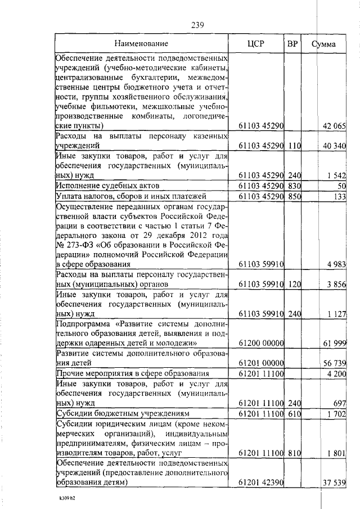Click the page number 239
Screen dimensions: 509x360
197,25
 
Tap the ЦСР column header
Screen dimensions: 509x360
256,43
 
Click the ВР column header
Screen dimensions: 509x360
292,43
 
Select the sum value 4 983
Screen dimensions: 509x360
336,264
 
